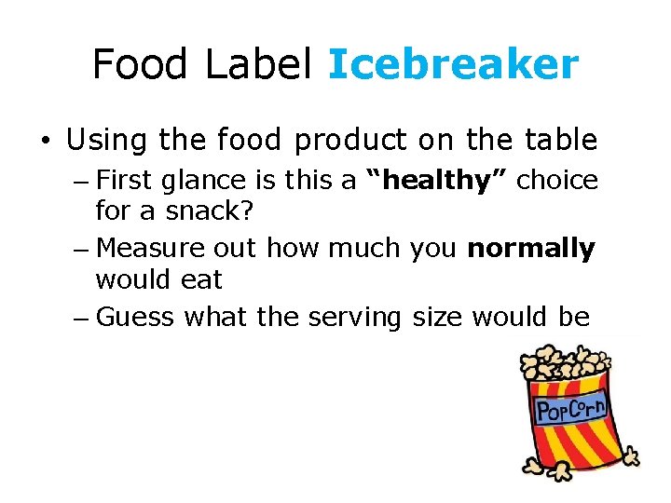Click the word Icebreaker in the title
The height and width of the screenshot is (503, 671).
(x=453, y=64)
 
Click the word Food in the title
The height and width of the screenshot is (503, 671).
(x=138, y=64)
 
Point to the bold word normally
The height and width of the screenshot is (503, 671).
(x=531, y=249)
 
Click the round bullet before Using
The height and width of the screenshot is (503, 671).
(x=45, y=142)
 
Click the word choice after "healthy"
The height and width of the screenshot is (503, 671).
(x=557, y=180)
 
